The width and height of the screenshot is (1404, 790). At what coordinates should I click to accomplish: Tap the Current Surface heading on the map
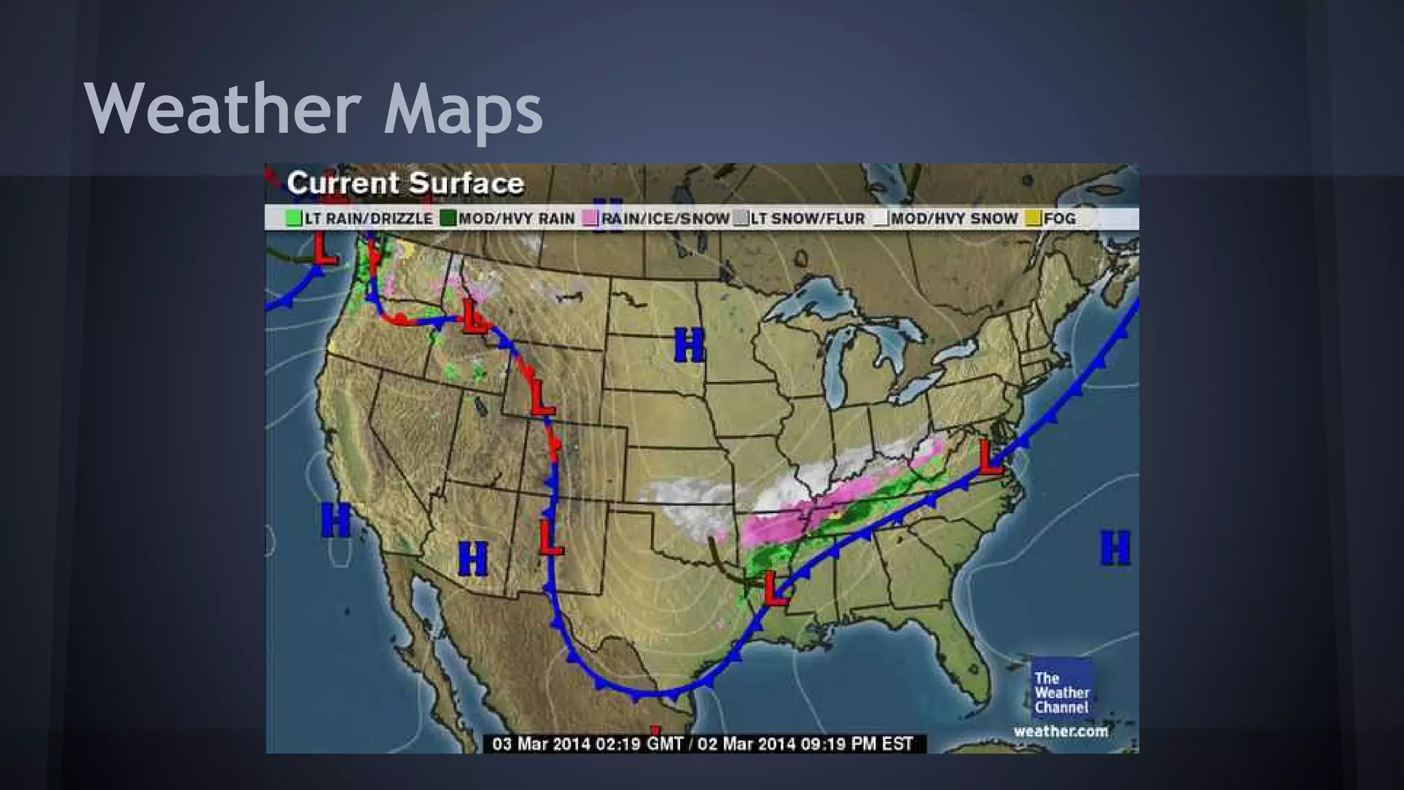405,183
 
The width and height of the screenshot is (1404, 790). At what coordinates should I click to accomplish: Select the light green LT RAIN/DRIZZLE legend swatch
294,219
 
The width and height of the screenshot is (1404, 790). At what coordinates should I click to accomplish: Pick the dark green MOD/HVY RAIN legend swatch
448,219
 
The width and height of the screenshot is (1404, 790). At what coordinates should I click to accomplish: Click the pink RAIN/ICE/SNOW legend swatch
590,219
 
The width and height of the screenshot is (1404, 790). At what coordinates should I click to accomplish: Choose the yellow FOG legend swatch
1033,219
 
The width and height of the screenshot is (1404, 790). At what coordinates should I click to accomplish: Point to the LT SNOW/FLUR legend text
807,219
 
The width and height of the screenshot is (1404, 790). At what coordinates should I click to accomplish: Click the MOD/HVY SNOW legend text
954,219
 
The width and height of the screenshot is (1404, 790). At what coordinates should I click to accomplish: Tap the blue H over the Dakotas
689,345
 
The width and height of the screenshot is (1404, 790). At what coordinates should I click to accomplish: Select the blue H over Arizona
472,558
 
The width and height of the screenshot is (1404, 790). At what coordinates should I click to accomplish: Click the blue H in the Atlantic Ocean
1115,548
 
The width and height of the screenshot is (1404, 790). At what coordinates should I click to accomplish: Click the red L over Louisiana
775,588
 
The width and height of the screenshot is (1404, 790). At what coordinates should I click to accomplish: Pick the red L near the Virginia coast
990,457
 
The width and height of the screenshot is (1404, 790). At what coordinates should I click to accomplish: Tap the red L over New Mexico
550,537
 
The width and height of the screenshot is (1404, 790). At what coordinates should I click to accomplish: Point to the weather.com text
1061,731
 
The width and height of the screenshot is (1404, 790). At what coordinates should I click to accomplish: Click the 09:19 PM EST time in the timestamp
856,744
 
